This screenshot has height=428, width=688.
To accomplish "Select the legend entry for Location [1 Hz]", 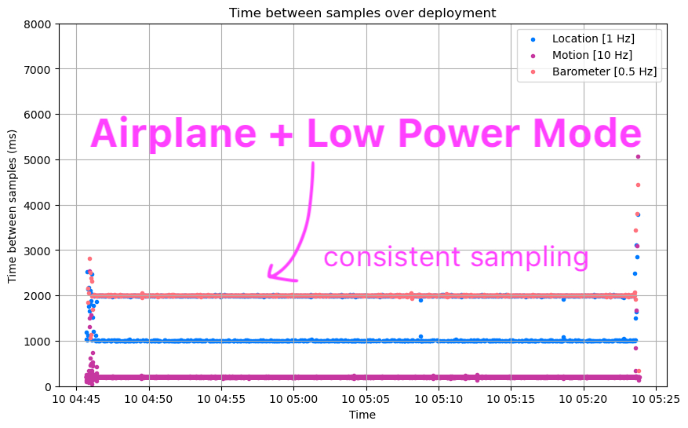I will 593,38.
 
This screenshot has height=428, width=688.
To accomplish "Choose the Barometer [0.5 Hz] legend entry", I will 604,71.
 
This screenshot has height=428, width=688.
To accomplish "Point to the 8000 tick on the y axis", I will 38,24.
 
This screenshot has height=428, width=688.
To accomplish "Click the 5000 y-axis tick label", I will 38,160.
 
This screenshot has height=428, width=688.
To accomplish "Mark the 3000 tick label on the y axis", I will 38,251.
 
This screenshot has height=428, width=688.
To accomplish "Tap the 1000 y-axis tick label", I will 38,342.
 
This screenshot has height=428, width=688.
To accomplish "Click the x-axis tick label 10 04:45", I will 77,399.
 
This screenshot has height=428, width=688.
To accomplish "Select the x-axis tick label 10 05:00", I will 293,399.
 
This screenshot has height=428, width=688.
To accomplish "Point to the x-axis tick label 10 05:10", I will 439,399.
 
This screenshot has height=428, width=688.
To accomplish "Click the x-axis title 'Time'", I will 362,415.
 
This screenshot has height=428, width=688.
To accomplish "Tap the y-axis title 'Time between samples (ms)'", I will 13,205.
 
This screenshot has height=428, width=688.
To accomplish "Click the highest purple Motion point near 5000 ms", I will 638,156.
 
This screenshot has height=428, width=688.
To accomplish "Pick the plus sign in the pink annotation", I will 281,134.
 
